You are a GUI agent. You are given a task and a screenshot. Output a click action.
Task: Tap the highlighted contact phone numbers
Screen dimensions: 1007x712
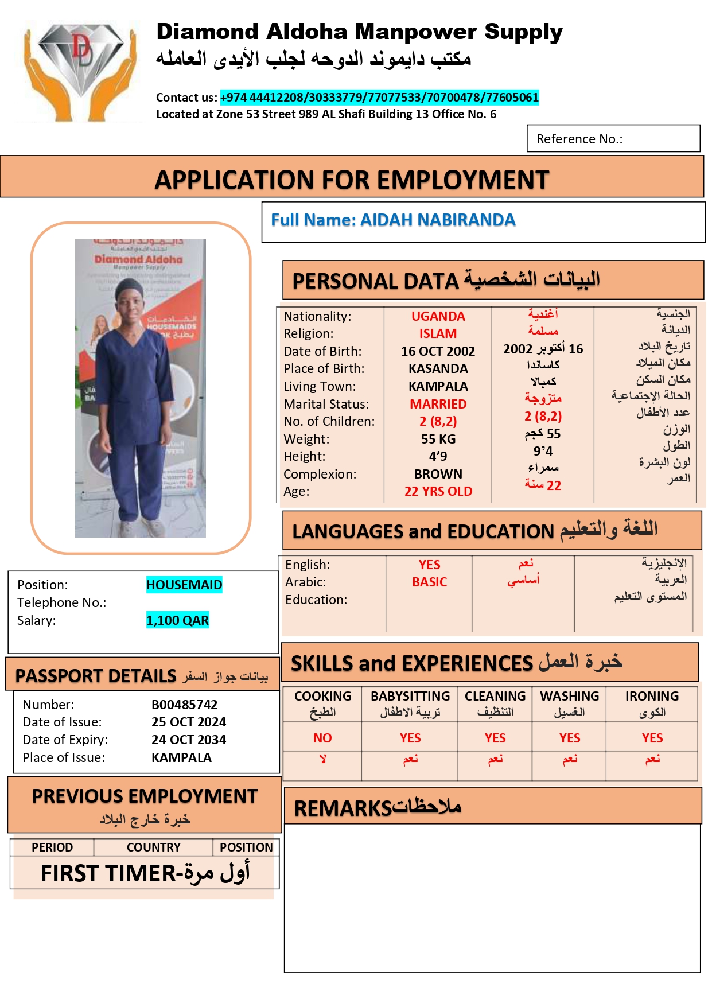(x=379, y=98)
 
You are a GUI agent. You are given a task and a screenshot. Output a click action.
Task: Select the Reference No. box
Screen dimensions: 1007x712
(x=613, y=139)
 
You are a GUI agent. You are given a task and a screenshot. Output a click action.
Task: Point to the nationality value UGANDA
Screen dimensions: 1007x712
(x=438, y=316)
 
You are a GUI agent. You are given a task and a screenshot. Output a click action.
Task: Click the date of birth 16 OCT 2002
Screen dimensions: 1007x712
(x=438, y=351)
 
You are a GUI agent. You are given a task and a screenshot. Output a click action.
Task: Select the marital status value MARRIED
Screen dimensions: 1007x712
(x=438, y=404)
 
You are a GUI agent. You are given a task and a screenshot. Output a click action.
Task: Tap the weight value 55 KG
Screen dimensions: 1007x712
(x=438, y=439)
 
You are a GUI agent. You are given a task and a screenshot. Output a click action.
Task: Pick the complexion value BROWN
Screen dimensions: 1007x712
(x=438, y=474)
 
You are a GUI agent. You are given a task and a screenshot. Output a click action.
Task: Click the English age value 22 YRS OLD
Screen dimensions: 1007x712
(x=438, y=492)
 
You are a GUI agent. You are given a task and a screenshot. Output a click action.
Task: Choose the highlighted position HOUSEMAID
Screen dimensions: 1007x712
(x=184, y=585)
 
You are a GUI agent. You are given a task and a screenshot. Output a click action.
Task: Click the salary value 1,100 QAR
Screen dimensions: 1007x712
(x=177, y=620)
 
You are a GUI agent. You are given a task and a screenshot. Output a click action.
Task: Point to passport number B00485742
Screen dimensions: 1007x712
(x=184, y=705)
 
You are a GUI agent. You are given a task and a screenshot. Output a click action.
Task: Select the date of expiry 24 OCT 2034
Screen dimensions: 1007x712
(x=188, y=740)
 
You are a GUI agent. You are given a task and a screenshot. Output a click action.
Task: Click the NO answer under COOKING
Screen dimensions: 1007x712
(x=322, y=738)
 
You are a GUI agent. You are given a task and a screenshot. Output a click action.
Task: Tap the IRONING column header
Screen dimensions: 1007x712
(x=652, y=697)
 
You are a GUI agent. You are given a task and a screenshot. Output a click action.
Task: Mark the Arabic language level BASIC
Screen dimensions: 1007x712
(x=429, y=582)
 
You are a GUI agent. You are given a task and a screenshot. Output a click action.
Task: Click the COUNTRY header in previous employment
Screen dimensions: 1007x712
(x=153, y=847)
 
